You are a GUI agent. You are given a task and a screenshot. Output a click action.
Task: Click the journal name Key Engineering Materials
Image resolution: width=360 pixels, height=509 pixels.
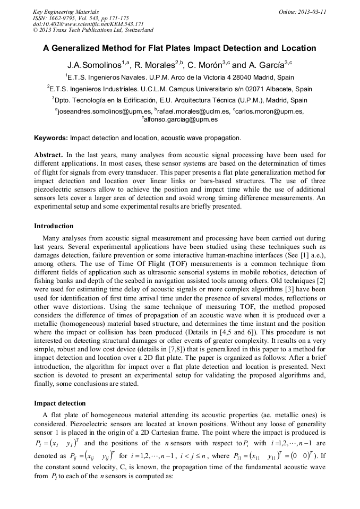coord(66,11)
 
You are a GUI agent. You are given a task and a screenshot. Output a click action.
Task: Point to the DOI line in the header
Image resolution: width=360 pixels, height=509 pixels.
coord(88,24)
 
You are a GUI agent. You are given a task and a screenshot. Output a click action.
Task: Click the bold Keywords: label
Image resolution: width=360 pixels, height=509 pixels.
coord(51,138)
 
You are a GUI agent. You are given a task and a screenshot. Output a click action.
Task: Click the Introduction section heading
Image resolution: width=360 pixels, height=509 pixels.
coord(54,226)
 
